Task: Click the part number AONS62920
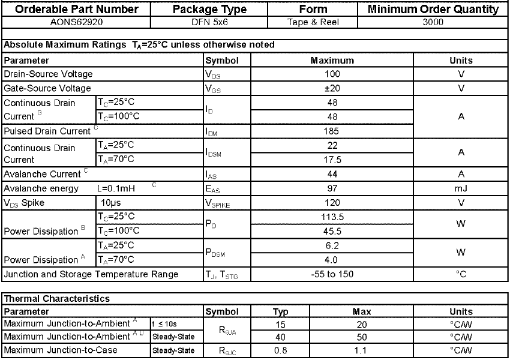76,22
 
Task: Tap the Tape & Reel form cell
313,22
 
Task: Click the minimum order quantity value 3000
433,22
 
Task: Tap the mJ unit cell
461,188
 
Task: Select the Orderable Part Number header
76,9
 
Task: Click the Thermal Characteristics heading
57,298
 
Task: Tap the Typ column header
280,312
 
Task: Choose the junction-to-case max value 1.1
362,350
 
